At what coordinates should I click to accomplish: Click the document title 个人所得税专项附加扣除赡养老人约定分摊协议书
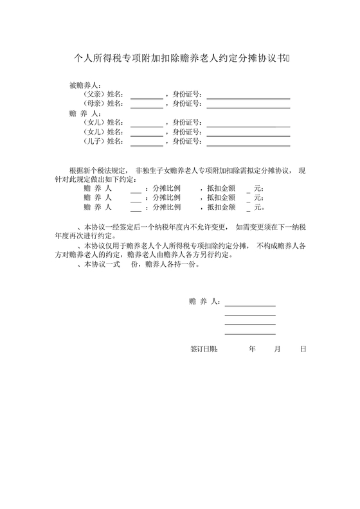pyautogui.click(x=179, y=58)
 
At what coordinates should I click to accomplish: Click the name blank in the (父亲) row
pyautogui.click(x=147, y=97)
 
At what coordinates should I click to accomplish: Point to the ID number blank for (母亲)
pyautogui.click(x=248, y=107)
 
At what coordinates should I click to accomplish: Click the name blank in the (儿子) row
pyautogui.click(x=147, y=143)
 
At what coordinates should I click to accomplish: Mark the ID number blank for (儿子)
pyautogui.click(x=248, y=143)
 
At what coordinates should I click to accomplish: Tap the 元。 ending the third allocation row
pyautogui.click(x=259, y=208)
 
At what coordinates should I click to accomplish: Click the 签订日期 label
pyautogui.click(x=204, y=350)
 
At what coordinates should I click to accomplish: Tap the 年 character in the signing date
pyautogui.click(x=252, y=350)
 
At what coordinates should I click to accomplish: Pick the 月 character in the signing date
pyautogui.click(x=278, y=350)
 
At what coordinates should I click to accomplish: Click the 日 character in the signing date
pyautogui.click(x=302, y=350)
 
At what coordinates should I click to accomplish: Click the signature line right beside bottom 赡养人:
pyautogui.click(x=250, y=305)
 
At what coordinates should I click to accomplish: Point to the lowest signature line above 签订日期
pyautogui.click(x=250, y=334)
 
